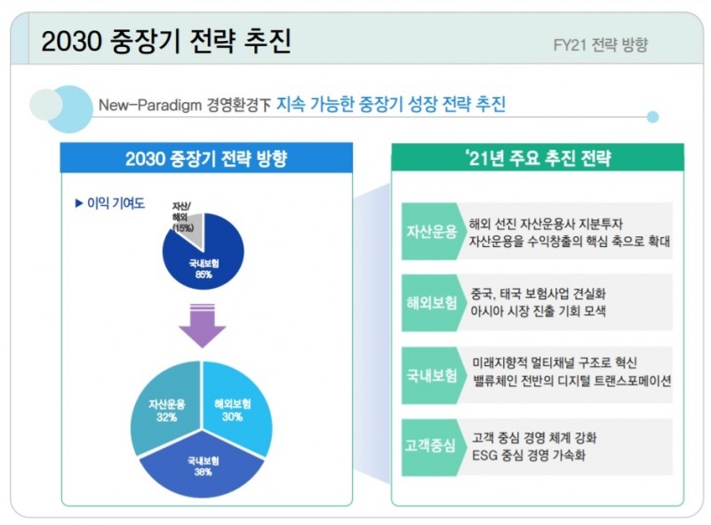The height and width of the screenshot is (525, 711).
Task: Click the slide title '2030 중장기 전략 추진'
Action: click(x=166, y=41)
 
